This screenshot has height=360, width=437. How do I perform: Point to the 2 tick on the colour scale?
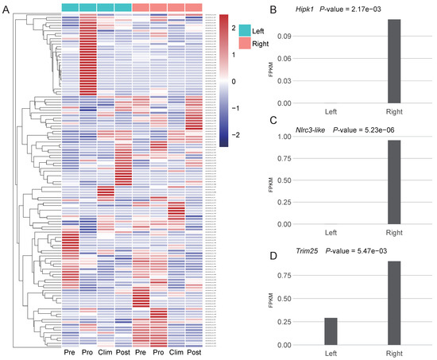coord(234,29)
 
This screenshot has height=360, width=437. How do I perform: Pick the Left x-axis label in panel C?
coord(330,232)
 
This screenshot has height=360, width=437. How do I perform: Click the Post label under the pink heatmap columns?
coord(194,352)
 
